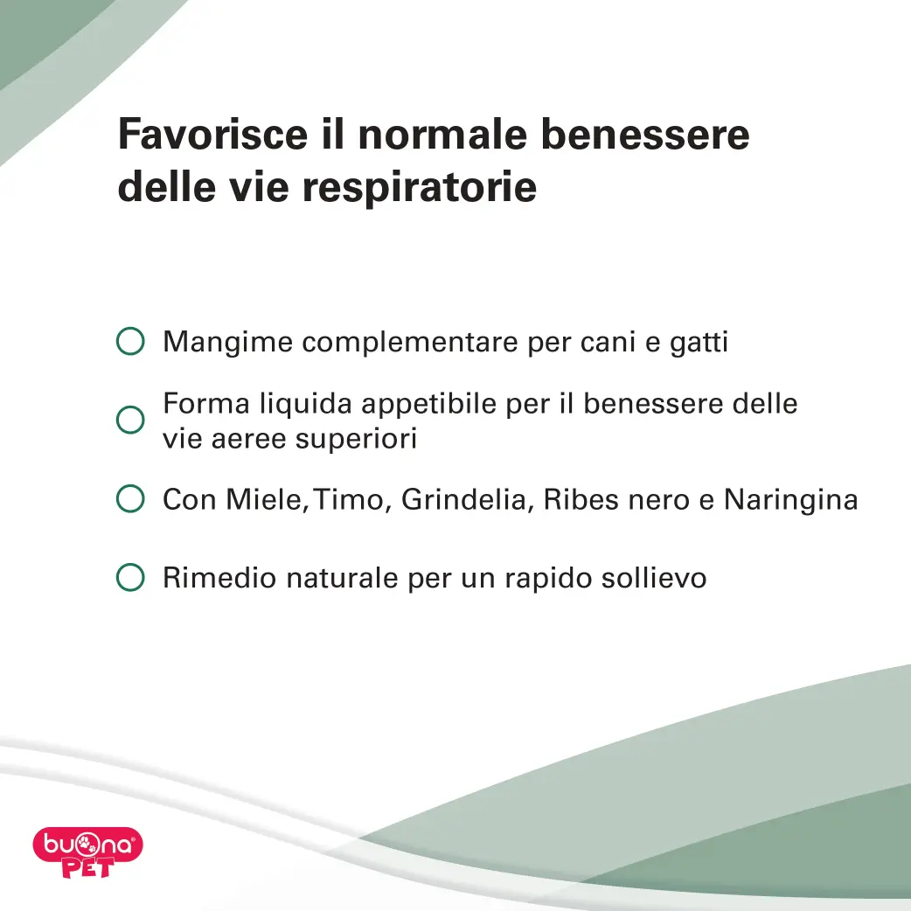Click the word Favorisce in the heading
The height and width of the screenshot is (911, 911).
pyautogui.click(x=212, y=135)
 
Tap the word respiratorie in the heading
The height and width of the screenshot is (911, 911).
pyautogui.click(x=420, y=188)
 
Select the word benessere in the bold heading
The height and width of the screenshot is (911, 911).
pyautogui.click(x=645, y=135)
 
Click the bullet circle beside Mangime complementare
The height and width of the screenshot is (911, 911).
pyautogui.click(x=130, y=341)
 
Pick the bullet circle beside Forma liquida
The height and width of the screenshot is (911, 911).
pyautogui.click(x=130, y=420)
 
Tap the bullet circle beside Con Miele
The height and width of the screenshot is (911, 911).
pyautogui.click(x=130, y=498)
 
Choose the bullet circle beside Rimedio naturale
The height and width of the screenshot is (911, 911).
pyautogui.click(x=130, y=578)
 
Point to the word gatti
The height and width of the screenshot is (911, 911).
pyautogui.click(x=699, y=342)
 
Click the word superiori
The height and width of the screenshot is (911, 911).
pyautogui.click(x=356, y=439)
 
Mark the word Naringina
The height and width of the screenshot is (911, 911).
pyautogui.click(x=790, y=500)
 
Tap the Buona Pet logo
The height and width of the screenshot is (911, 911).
pyautogui.click(x=87, y=852)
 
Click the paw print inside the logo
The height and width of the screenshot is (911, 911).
pyautogui.click(x=87, y=845)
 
